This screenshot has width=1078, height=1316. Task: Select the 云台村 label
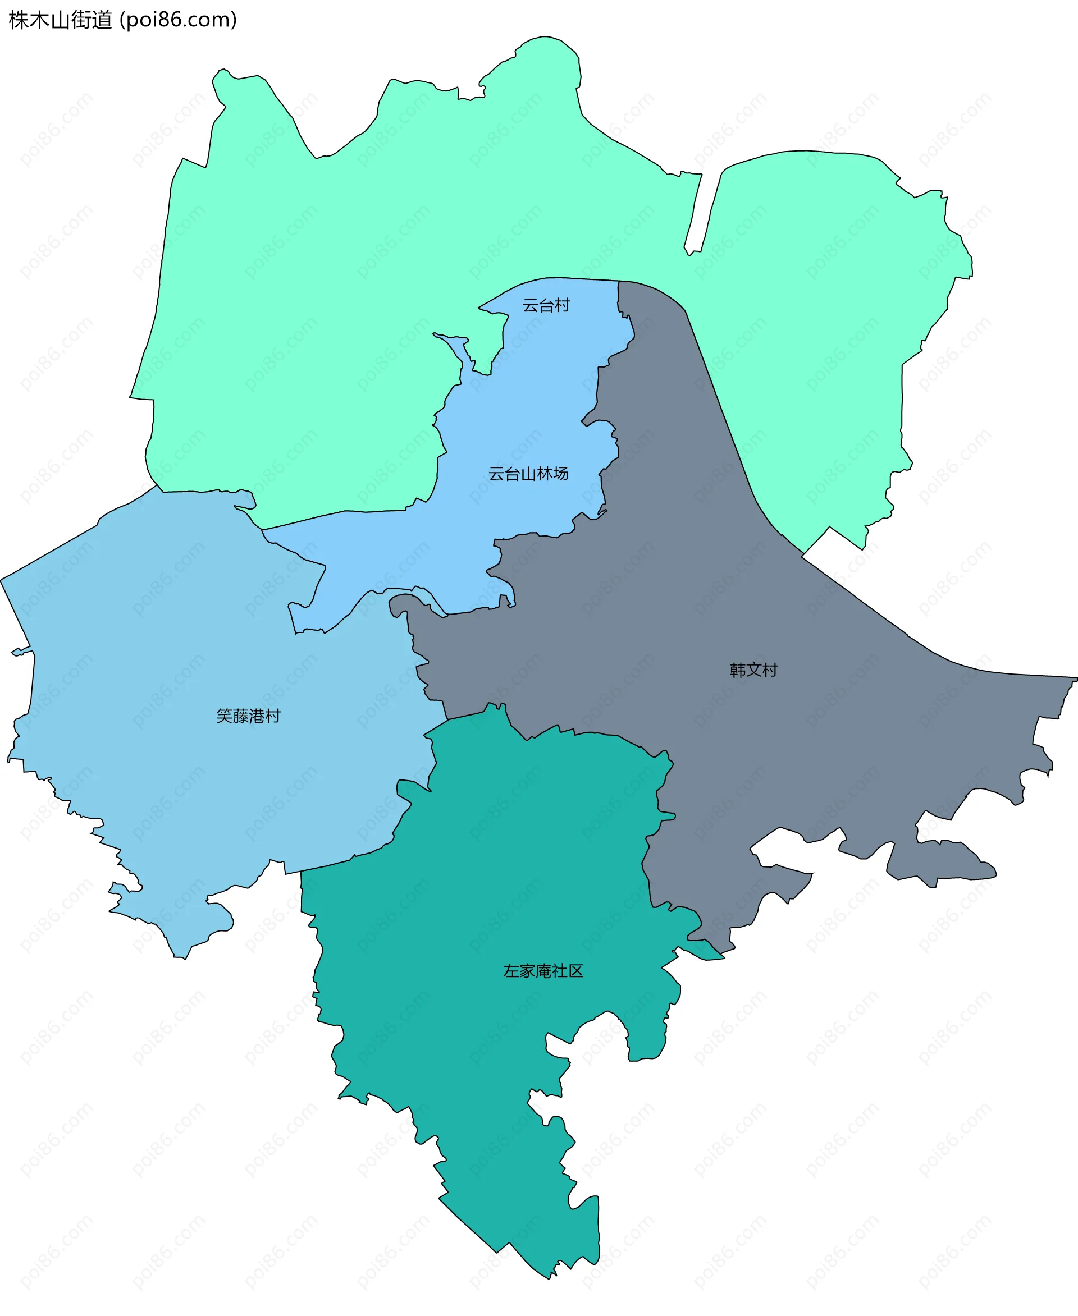click(x=546, y=305)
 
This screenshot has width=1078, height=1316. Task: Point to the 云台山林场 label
click(x=528, y=474)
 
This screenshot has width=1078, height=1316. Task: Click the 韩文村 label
click(x=753, y=670)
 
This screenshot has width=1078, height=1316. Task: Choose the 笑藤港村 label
click(x=248, y=716)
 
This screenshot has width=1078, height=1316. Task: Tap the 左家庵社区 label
click(x=543, y=971)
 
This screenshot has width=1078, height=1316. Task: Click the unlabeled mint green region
click(x=373, y=248)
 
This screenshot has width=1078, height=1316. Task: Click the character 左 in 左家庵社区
click(x=511, y=971)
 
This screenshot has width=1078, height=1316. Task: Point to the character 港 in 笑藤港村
click(x=257, y=716)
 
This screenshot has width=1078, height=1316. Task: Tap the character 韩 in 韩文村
click(x=738, y=670)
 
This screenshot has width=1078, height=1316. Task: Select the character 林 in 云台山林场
click(x=544, y=474)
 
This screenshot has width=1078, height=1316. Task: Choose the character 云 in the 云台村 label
click(x=531, y=305)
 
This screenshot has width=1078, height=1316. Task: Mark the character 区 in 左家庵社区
click(x=576, y=971)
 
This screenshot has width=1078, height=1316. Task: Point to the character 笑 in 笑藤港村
click(x=224, y=716)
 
